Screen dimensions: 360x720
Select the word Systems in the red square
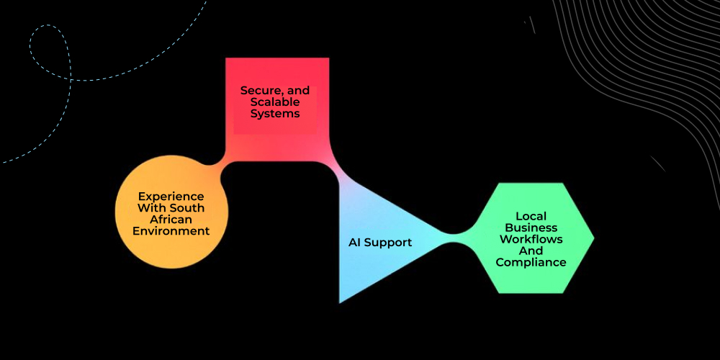click(x=275, y=114)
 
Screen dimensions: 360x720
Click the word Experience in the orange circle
click(x=171, y=197)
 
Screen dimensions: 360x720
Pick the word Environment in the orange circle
click(x=171, y=231)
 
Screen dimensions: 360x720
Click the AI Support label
click(x=380, y=243)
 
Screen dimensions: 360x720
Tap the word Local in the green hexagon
click(x=531, y=216)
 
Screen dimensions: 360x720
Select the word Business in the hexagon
click(x=531, y=228)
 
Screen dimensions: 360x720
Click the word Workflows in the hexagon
click(x=531, y=239)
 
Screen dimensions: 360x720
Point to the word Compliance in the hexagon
click(x=531, y=262)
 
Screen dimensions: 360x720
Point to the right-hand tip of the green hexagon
click(x=593, y=238)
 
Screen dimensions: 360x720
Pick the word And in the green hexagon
click(x=531, y=251)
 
